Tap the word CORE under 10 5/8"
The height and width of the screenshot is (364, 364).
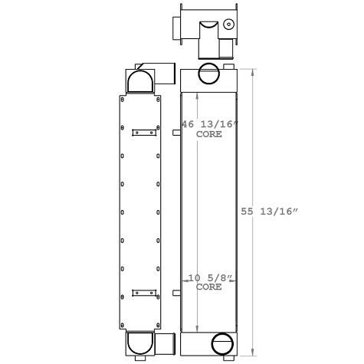[x=209, y=288]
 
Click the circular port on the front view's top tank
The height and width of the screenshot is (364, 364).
[x=208, y=74]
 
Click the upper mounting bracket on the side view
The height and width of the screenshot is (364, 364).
[x=143, y=132]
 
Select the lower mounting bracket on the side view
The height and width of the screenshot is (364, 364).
[x=143, y=292]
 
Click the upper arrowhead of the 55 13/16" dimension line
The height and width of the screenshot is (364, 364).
[x=256, y=69]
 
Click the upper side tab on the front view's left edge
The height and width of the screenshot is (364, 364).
[x=176, y=133]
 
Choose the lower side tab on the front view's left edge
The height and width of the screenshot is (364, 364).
[x=176, y=293]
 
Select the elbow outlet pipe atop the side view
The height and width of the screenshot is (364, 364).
[x=165, y=74]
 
